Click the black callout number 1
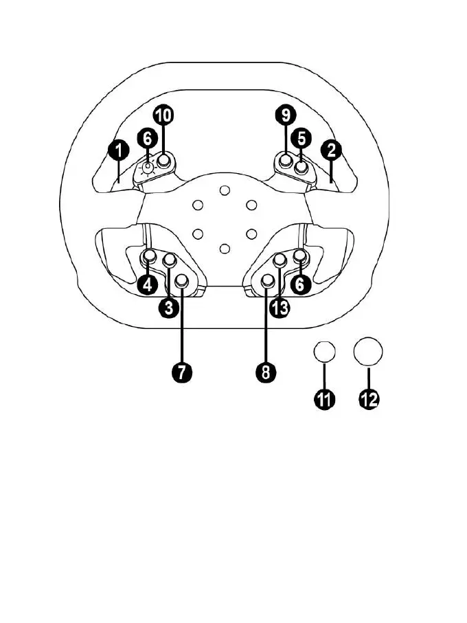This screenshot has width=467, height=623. (119, 148)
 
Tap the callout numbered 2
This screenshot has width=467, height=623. (331, 148)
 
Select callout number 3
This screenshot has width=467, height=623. (168, 307)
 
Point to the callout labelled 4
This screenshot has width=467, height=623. (148, 284)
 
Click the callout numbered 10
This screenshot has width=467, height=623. (163, 115)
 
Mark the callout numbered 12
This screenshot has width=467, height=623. (369, 399)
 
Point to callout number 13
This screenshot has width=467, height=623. (280, 307)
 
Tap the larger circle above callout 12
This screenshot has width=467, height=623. (368, 352)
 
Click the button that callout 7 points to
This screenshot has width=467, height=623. (183, 280)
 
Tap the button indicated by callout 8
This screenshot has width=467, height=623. (268, 280)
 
